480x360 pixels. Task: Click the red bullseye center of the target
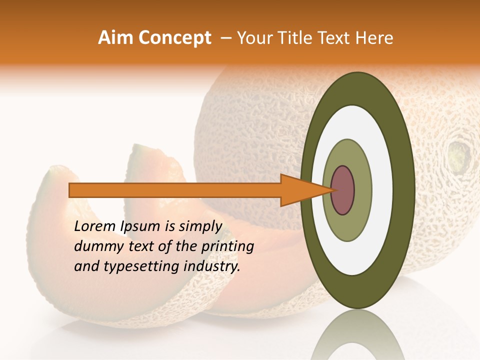point(342,190)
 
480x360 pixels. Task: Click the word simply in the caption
point(199,226)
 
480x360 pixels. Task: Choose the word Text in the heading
point(333,38)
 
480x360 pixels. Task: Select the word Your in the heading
point(253,38)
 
